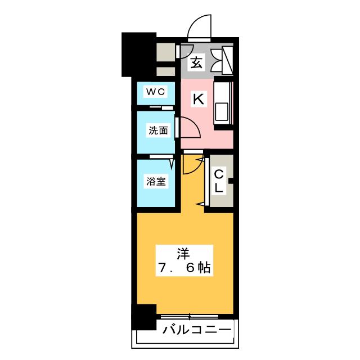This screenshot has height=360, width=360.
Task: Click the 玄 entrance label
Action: click(197, 62)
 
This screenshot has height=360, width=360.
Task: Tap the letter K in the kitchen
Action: click(199, 99)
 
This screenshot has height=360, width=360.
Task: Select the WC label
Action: click(155, 92)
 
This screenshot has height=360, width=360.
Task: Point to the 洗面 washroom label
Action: click(158, 130)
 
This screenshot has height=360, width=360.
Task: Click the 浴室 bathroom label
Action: click(156, 181)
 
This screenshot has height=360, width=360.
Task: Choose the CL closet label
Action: click(219, 182)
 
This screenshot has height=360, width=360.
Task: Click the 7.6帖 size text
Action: click(184, 268)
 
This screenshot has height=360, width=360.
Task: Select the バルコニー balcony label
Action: click(197, 330)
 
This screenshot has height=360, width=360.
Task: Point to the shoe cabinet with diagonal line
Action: click(227, 60)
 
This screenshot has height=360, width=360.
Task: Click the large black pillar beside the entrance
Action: click(139, 55)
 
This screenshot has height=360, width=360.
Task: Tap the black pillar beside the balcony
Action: click(144, 317)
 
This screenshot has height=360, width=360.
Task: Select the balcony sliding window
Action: click(190, 317)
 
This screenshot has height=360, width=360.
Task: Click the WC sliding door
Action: click(161, 108)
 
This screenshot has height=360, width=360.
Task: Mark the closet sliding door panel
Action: click(207, 181)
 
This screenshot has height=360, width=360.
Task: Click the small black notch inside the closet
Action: click(231, 181)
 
